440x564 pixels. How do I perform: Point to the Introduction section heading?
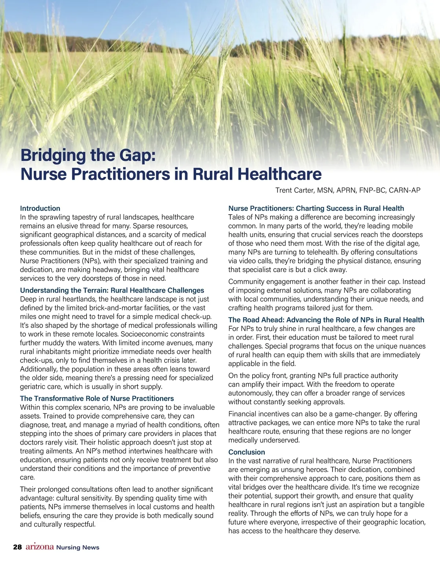(x=40, y=208)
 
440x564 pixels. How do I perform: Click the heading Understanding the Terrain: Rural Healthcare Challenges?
(x=112, y=290)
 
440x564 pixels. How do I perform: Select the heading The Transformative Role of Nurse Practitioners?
(x=97, y=398)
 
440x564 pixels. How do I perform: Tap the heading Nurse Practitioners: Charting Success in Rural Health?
(x=316, y=208)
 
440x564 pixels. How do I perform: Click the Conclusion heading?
(x=246, y=452)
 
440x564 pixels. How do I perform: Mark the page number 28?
(x=17, y=547)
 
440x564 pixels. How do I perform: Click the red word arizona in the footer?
(x=40, y=547)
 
